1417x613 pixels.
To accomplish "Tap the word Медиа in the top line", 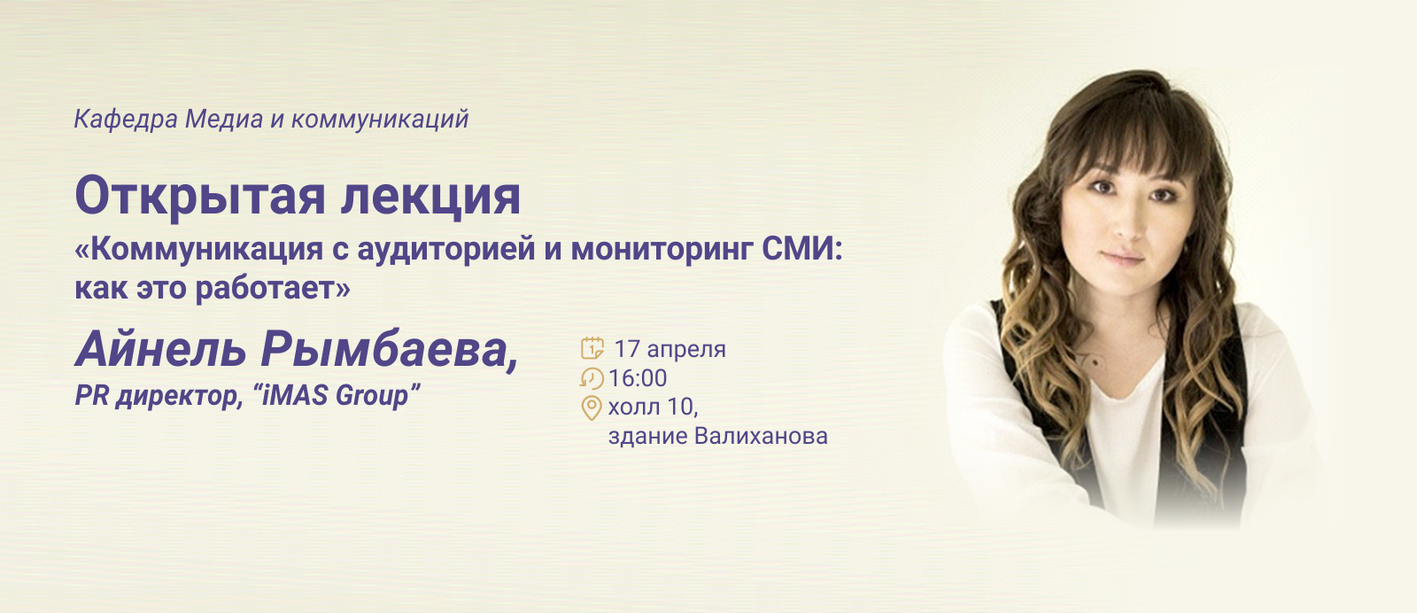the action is coord(224,119).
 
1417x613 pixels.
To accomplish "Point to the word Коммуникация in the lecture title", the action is coord(207,249).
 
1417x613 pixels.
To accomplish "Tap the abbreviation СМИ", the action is coord(798,249).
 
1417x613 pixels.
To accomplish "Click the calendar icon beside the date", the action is coord(592,348).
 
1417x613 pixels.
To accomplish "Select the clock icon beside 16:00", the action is coord(592,378).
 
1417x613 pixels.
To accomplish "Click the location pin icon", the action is coord(591,408).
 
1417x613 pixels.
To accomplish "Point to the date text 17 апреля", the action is coord(670,349).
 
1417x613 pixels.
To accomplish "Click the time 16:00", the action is coord(638,378).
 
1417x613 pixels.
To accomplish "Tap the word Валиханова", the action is coord(761,436).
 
